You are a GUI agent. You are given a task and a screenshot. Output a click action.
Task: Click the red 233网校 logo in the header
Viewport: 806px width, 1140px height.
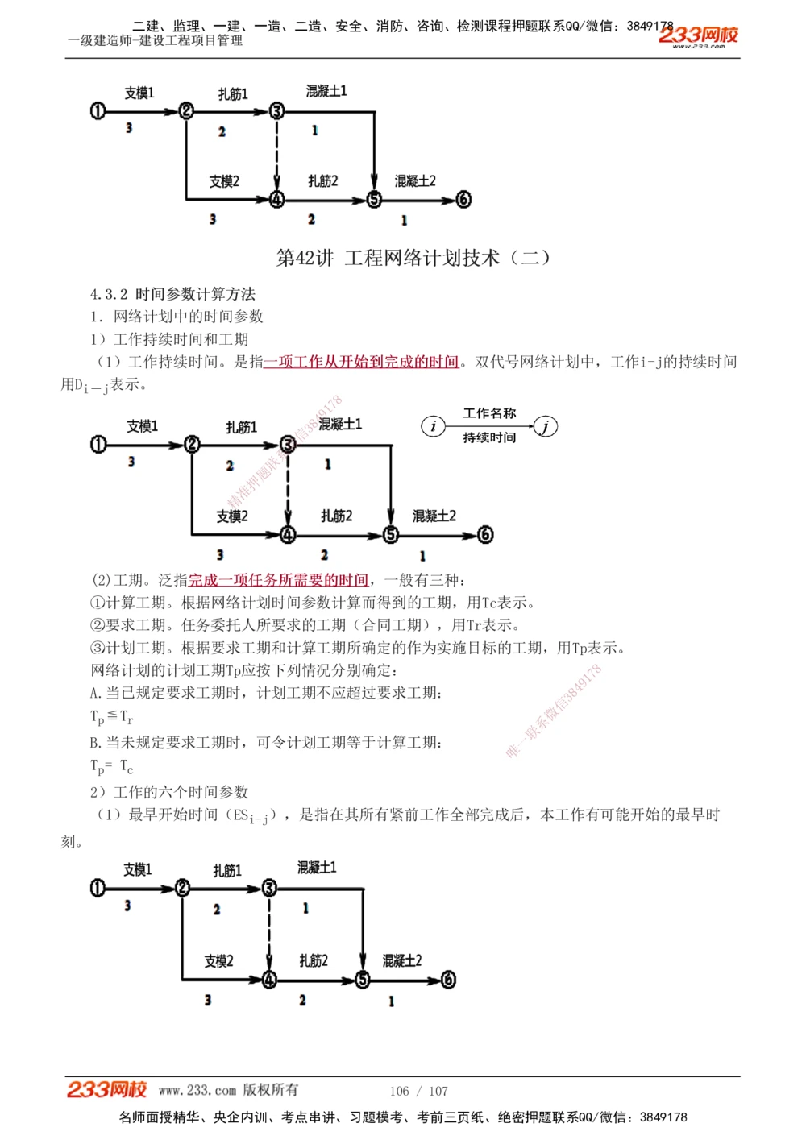click(698, 36)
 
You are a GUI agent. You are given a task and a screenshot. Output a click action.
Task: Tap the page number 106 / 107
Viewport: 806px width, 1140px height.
click(418, 1091)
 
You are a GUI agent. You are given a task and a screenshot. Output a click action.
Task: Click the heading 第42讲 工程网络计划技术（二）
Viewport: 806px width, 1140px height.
click(413, 258)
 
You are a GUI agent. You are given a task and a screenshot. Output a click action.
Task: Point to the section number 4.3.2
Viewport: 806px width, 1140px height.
click(109, 294)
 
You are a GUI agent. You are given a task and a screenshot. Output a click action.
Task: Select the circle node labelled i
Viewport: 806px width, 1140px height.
click(434, 426)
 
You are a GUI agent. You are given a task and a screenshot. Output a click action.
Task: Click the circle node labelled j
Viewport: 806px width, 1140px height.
click(546, 426)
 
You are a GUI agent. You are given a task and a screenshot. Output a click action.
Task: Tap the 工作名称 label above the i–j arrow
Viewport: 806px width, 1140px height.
click(489, 413)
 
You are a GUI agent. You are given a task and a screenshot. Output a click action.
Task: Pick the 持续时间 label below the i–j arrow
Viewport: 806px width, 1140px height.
click(489, 437)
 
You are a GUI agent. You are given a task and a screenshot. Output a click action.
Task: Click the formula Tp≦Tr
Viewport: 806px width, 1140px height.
click(111, 716)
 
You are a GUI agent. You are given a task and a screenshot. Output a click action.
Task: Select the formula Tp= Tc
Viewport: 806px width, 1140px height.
click(111, 766)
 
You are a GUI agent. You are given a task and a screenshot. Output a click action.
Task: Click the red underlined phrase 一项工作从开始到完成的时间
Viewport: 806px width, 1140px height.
click(361, 362)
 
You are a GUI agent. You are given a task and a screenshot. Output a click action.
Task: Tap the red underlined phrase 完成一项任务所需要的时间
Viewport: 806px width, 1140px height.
click(278, 580)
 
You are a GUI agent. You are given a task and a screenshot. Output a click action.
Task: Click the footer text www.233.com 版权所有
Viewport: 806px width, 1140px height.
click(228, 1090)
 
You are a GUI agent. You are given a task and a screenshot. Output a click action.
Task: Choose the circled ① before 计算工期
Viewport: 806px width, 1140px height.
click(98, 603)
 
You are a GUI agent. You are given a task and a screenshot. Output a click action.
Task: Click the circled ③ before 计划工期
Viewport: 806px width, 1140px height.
click(98, 648)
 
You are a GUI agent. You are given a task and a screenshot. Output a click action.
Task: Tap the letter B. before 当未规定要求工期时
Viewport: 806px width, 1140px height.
click(96, 742)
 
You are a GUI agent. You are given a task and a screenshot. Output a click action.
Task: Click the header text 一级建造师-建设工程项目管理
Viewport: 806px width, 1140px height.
click(155, 40)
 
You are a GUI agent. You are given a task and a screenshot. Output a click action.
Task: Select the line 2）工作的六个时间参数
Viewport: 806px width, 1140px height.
click(169, 792)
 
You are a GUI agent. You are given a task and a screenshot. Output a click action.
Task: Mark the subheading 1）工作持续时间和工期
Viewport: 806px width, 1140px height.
click(169, 339)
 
